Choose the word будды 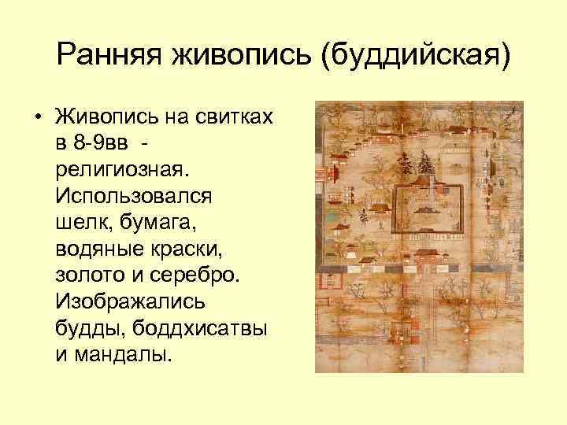(86, 325)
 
